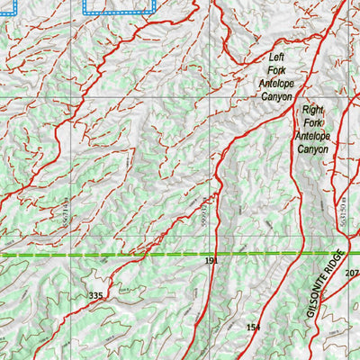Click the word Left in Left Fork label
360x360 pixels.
click(275, 57)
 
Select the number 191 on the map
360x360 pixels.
click(211, 261)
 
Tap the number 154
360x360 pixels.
click(253, 327)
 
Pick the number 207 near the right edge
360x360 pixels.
click(351, 274)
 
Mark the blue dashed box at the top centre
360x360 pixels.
click(119, 7)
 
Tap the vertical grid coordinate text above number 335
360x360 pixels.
click(65, 211)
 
